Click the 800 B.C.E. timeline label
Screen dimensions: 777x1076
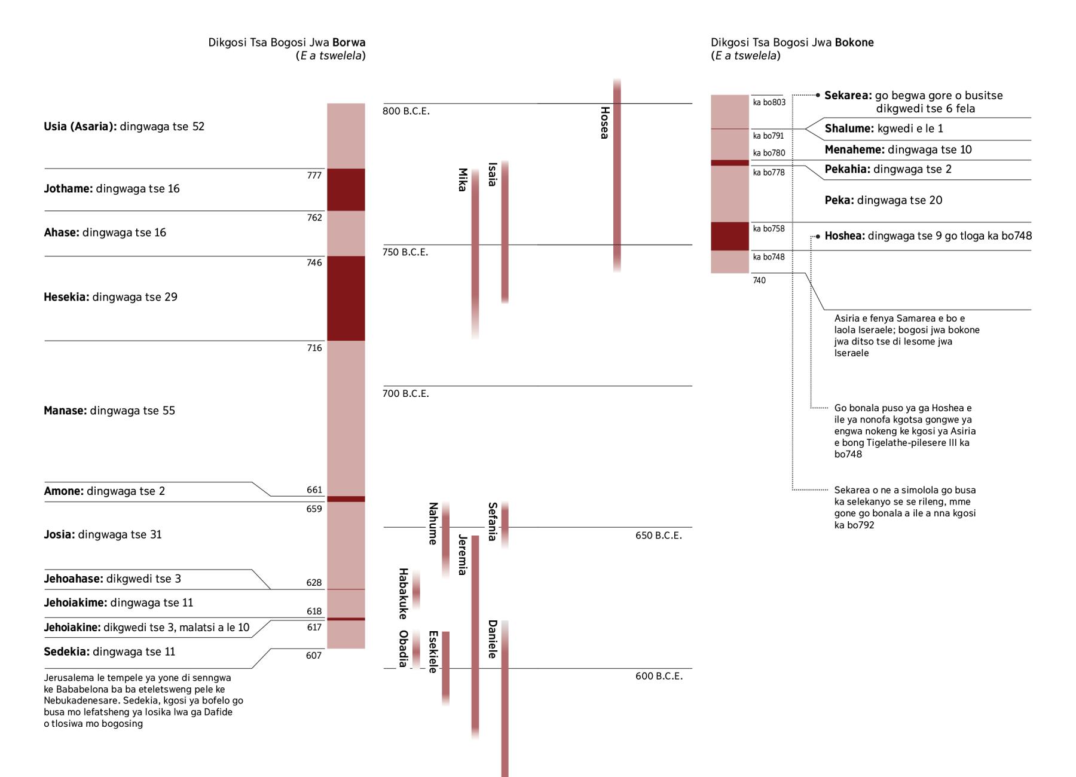[406, 111]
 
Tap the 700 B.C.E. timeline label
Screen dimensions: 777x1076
[406, 394]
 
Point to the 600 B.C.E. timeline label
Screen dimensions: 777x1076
[659, 676]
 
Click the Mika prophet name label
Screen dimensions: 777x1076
[462, 180]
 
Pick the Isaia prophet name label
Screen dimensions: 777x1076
[492, 175]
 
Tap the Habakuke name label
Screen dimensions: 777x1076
[403, 594]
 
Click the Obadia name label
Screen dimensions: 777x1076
[403, 648]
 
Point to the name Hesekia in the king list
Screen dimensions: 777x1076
[66, 297]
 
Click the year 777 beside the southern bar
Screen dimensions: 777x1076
[314, 175]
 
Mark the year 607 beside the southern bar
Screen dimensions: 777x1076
[314, 656]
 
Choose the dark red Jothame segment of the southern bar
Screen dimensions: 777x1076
[346, 189]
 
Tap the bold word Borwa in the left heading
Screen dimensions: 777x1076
[349, 42]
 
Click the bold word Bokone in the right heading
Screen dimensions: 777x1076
[854, 42]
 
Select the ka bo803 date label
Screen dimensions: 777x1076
[769, 102]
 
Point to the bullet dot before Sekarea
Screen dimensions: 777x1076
[818, 95]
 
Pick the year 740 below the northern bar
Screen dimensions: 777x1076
[759, 280]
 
